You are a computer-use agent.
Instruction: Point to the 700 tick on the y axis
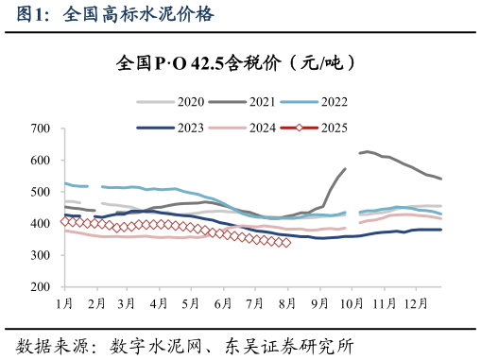pos(41,129)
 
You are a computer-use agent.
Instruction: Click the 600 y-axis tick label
pos(41,161)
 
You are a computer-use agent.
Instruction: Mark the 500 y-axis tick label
pos(41,192)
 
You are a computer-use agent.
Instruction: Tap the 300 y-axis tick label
pos(41,255)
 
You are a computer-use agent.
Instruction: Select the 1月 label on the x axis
pos(65,303)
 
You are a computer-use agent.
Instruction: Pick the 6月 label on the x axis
pos(223,303)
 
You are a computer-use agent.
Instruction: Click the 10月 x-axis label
pos(351,303)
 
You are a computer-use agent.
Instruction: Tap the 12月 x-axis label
pos(415,303)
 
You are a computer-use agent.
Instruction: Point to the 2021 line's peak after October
pos(367,151)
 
